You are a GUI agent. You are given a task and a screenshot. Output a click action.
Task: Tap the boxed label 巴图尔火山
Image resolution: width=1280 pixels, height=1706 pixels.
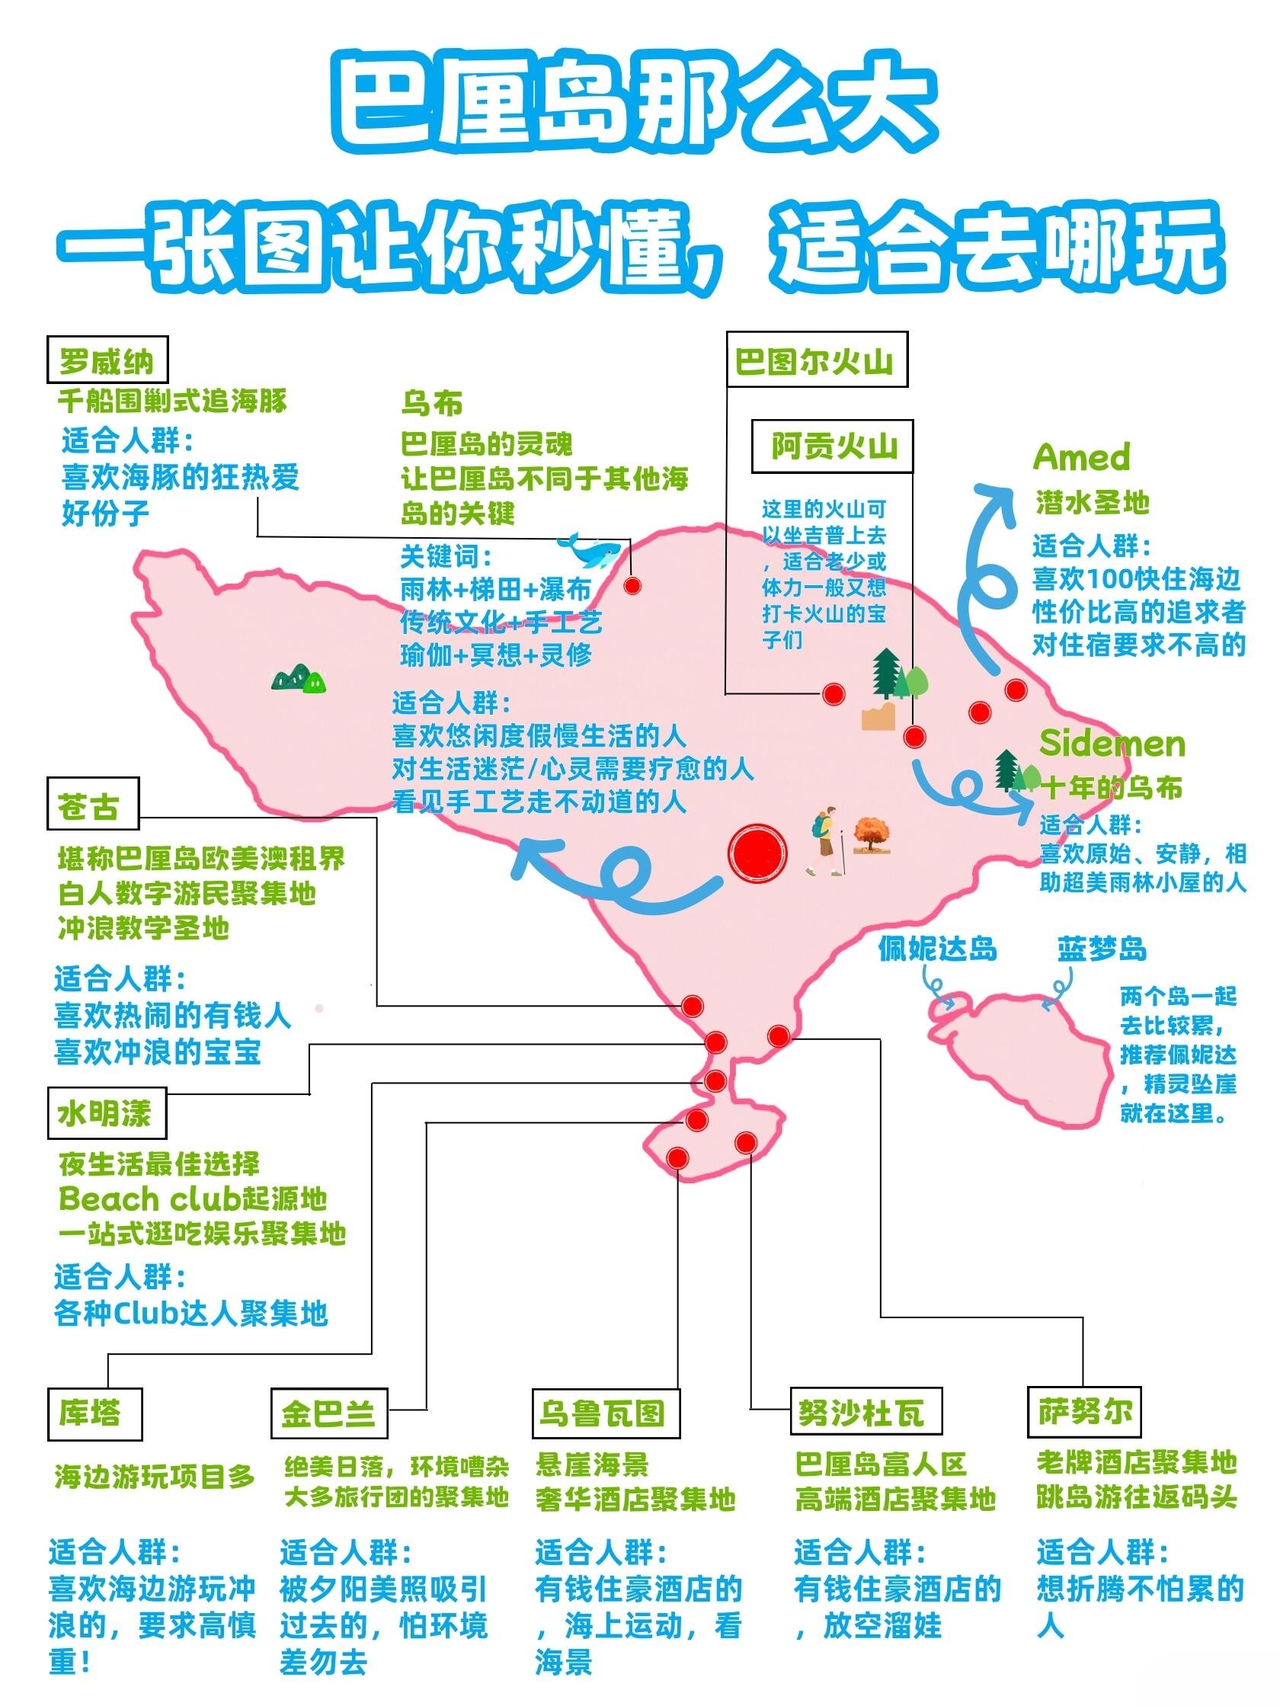click(x=818, y=360)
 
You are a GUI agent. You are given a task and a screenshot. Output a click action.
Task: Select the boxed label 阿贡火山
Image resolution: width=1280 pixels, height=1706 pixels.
click(x=833, y=447)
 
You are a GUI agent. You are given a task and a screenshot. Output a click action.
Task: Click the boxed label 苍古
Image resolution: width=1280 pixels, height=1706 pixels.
click(x=92, y=805)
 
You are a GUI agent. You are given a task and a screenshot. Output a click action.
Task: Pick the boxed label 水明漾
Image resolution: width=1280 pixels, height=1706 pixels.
click(x=107, y=1113)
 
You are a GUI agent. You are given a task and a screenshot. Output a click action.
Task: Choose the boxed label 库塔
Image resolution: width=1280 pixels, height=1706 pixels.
click(x=94, y=1413)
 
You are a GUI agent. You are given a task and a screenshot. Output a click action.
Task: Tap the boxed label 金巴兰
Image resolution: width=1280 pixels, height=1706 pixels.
click(x=328, y=1413)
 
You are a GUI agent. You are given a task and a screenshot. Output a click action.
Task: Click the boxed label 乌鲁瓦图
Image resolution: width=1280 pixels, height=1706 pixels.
click(x=606, y=1412)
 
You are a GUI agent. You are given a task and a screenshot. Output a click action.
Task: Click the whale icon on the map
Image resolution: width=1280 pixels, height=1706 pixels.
click(x=588, y=549)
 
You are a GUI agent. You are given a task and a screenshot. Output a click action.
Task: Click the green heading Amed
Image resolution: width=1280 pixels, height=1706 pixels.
click(x=1081, y=457)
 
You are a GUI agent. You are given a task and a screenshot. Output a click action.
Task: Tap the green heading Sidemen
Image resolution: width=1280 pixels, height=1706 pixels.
click(x=1111, y=744)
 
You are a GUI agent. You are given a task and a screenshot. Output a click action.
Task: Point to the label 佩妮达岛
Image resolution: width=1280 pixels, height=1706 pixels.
click(x=937, y=949)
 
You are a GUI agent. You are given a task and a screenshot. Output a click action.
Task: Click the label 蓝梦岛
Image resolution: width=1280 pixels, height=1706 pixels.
click(x=1101, y=949)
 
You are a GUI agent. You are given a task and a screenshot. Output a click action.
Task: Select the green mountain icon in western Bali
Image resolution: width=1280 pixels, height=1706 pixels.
click(x=299, y=677)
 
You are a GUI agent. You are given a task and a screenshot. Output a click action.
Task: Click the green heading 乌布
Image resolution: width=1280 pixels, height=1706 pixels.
click(x=432, y=402)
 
